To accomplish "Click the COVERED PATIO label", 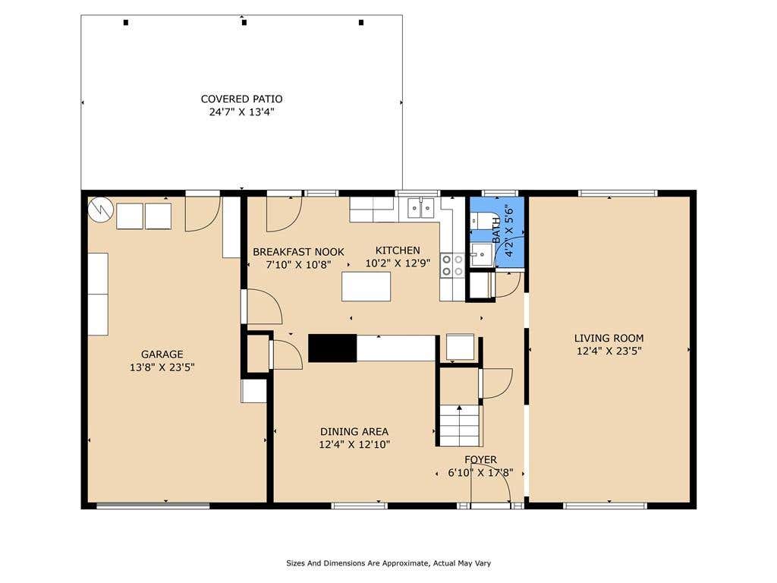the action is coord(241,99).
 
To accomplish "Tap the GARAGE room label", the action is coord(162,355).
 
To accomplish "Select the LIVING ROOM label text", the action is coord(609,338).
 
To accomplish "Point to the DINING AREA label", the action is coord(354,431).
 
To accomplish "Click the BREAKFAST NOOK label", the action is coord(298,252).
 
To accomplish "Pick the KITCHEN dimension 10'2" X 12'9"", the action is coord(398,263).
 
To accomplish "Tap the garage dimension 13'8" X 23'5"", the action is coord(162,367).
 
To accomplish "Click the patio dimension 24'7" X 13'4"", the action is coord(241,112).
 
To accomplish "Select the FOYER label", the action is coord(480,459).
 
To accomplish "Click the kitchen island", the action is coord(366,286).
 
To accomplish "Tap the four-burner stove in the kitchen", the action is coord(452,265).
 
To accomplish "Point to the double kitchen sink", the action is coord(420,208).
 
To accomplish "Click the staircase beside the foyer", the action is coord(460,425).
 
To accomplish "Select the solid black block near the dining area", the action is coord(332,348).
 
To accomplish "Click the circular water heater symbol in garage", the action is coord(101,210).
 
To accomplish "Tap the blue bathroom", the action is coord(497,233).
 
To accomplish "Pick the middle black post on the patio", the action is coord(244,22).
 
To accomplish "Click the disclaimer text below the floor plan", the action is coord(388,563).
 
